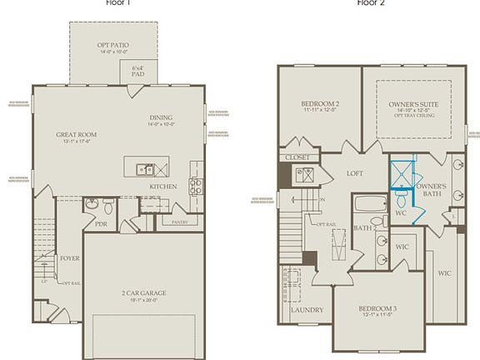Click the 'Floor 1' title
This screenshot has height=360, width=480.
121,2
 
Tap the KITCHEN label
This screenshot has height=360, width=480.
163,186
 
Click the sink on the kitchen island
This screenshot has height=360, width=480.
142,167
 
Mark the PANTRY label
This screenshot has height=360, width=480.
179,222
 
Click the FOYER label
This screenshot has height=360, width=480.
69,258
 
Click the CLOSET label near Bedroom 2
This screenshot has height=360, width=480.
297,157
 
